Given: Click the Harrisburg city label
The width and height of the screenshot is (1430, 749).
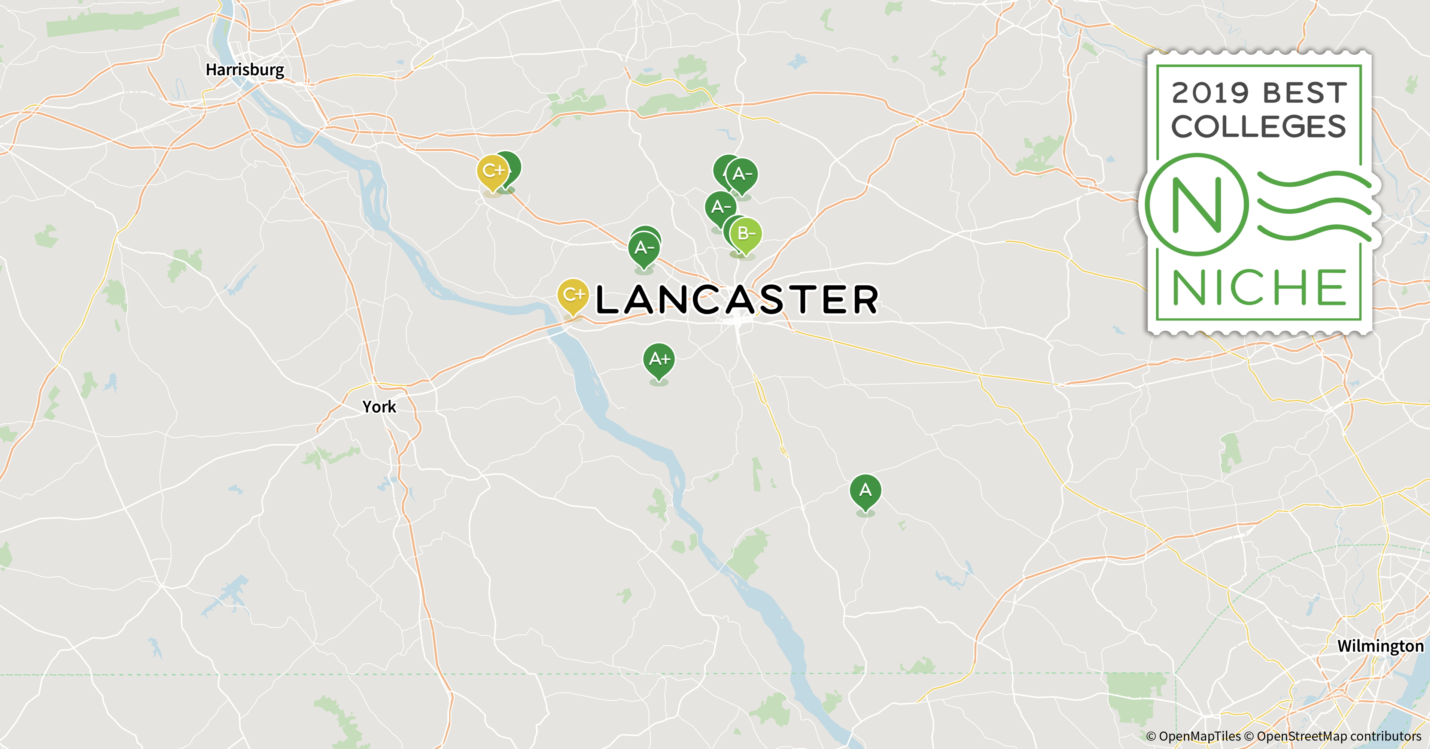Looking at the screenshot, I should pyautogui.click(x=245, y=70).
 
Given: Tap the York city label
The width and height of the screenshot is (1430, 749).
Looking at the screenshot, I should pyautogui.click(x=379, y=407).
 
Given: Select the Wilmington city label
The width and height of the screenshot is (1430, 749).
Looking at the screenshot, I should pyautogui.click(x=1380, y=646).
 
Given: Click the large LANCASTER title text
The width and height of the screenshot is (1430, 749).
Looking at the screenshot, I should pyautogui.click(x=737, y=300).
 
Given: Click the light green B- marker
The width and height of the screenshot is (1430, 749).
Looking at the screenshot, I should pyautogui.click(x=746, y=234).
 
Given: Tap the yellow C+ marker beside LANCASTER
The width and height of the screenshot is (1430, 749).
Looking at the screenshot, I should pyautogui.click(x=573, y=295).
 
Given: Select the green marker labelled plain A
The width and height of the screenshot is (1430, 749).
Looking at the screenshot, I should pyautogui.click(x=865, y=490).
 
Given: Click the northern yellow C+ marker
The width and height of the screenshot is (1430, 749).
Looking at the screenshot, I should pyautogui.click(x=492, y=170).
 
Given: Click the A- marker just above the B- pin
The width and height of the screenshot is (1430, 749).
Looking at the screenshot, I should pyautogui.click(x=721, y=207).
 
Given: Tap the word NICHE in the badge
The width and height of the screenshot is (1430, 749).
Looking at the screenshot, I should pyautogui.click(x=1259, y=288).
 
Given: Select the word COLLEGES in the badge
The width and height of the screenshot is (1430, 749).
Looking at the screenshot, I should pyautogui.click(x=1259, y=127).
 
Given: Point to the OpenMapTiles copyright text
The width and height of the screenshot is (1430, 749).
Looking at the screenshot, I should pyautogui.click(x=1193, y=736).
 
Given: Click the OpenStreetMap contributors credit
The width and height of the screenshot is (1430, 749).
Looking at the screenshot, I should pyautogui.click(x=1338, y=736).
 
